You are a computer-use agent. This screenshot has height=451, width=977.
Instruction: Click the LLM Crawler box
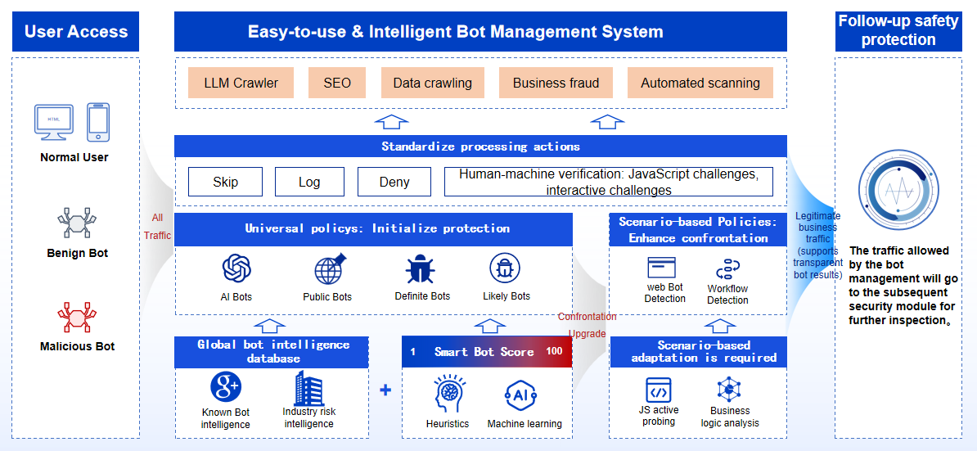click(x=241, y=83)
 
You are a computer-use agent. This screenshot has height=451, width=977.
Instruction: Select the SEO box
click(x=337, y=83)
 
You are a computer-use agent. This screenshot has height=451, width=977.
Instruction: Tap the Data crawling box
click(x=432, y=83)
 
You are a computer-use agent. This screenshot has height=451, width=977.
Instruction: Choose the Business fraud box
click(x=556, y=83)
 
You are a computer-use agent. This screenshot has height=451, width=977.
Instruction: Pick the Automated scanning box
click(x=700, y=83)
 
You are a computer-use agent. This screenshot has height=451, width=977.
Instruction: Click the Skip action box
click(x=225, y=182)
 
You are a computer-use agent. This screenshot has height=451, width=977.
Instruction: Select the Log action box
click(x=309, y=182)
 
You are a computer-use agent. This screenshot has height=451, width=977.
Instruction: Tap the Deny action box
click(x=394, y=182)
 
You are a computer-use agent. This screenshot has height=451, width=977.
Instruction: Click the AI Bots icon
click(x=236, y=268)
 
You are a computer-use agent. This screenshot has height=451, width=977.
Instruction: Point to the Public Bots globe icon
click(x=329, y=268)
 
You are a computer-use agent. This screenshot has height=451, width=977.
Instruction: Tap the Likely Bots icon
click(x=506, y=268)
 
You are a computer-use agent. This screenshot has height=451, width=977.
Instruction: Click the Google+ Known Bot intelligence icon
click(x=225, y=386)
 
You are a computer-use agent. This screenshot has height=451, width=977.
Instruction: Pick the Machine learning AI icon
click(x=521, y=395)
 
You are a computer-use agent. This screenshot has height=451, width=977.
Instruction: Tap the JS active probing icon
click(x=659, y=389)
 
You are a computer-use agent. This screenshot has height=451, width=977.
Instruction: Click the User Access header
click(x=76, y=32)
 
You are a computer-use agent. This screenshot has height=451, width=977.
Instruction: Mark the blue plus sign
click(x=385, y=390)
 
